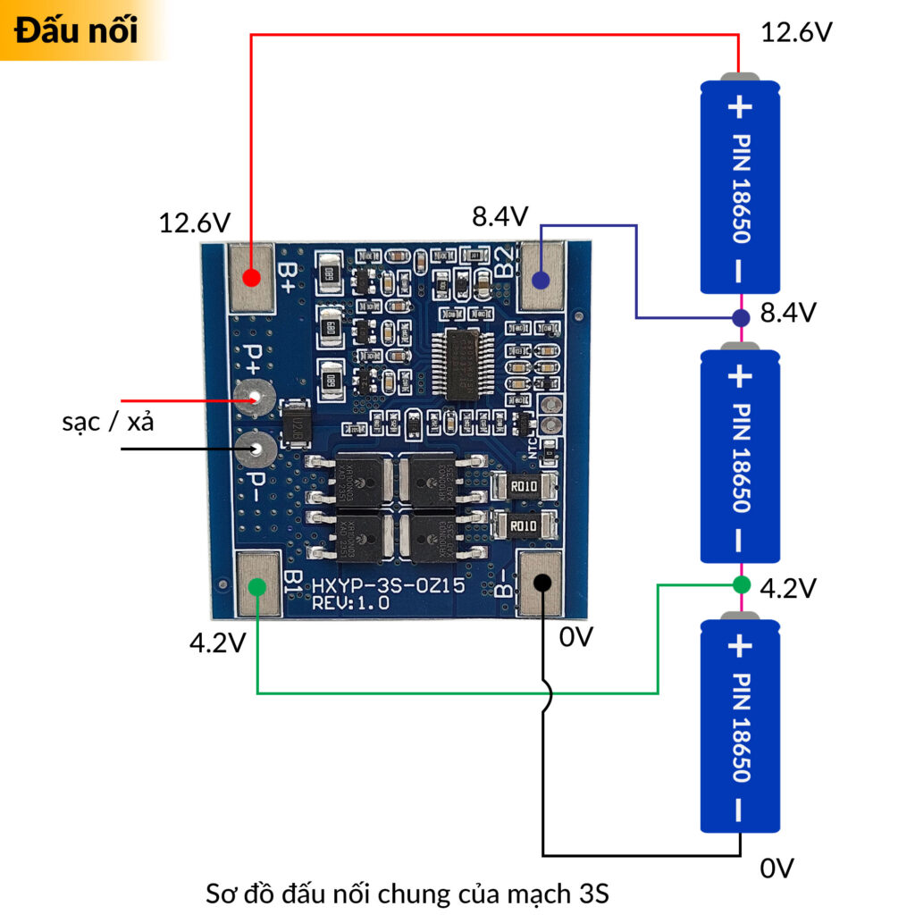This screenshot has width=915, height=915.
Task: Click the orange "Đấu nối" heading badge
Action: coord(77,30)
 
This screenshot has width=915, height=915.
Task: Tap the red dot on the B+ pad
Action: coord(251,277)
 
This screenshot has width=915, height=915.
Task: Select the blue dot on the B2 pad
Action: coord(540,280)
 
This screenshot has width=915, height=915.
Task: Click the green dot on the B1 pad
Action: coord(257,586)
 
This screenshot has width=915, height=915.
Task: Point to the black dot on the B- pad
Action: coord(541,583)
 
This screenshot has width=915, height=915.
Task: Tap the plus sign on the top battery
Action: coord(740,108)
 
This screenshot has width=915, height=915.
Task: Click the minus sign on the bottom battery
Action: coord(740,810)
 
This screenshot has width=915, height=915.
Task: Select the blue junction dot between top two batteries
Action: coord(741,318)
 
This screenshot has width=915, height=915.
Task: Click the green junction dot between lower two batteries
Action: coord(741,585)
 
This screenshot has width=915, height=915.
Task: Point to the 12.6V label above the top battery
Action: coord(796,33)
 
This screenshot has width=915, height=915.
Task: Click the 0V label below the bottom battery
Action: coord(776,868)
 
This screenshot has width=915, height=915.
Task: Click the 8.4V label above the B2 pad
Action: coord(500,216)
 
